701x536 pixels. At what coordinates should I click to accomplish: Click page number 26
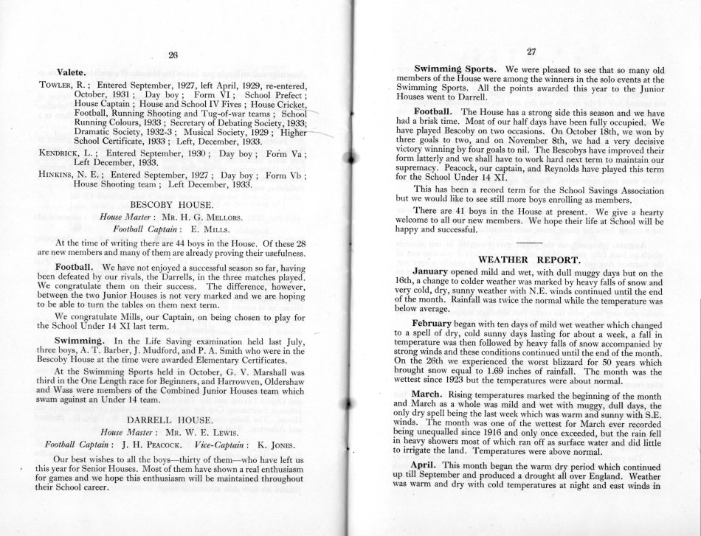coord(173,55)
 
